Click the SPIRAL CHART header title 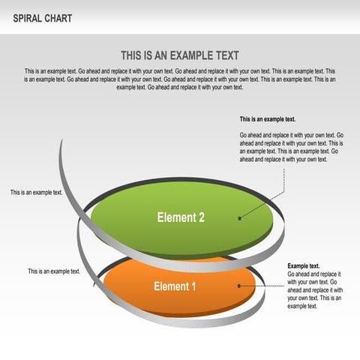pyautogui.click(x=43, y=18)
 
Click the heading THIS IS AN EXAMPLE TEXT pyautogui.click(x=180, y=55)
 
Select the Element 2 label pyautogui.click(x=181, y=217)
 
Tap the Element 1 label pyautogui.click(x=175, y=286)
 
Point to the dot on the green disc pyautogui.click(x=240, y=218)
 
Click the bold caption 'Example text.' pyautogui.click(x=304, y=266)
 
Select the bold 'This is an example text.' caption pyautogui.click(x=268, y=119)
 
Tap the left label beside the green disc pyautogui.click(x=36, y=193)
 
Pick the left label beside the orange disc pyautogui.click(x=54, y=271)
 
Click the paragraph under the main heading pyautogui.click(x=180, y=79)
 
